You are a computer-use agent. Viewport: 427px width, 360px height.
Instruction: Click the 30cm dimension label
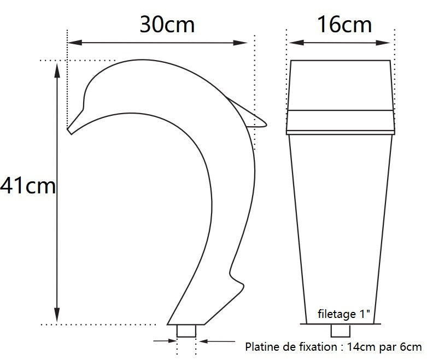tap(167, 25)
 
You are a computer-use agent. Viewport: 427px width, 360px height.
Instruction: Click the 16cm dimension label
tap(344, 25)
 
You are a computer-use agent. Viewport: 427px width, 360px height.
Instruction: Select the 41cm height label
tap(28, 186)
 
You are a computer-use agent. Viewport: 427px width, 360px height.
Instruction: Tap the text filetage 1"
tap(344, 314)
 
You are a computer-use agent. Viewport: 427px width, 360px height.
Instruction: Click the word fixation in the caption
tap(314, 346)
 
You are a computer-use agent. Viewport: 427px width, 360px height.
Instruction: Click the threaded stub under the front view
tap(341, 331)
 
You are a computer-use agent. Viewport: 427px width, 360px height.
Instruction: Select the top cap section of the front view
tap(341, 85)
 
